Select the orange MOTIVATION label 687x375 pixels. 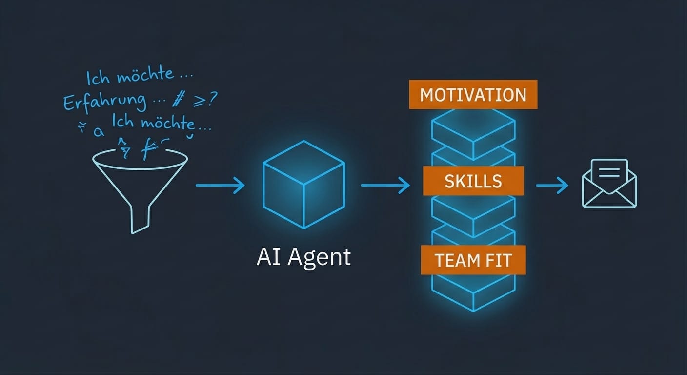(x=473, y=94)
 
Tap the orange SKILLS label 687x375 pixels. (x=473, y=181)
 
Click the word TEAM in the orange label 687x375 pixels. (x=455, y=260)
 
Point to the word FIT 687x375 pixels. (x=497, y=260)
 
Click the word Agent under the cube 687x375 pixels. (x=319, y=257)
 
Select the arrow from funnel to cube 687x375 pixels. (x=220, y=185)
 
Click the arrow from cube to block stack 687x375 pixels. (x=385, y=185)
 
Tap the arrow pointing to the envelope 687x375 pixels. (x=552, y=186)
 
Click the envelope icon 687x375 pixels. (x=609, y=185)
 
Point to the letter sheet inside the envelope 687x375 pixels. (x=609, y=172)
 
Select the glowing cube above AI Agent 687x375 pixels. (x=303, y=184)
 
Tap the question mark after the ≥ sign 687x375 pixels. (x=212, y=99)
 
